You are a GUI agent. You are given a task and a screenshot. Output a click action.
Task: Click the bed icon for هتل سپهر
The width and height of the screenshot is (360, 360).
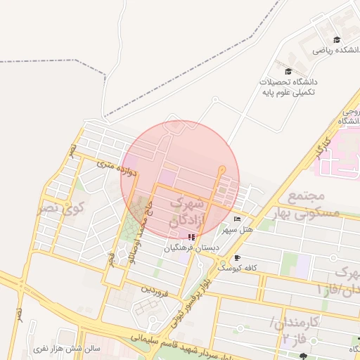[236, 219]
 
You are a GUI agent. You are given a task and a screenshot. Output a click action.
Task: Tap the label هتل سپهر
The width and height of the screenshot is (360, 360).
[237, 230]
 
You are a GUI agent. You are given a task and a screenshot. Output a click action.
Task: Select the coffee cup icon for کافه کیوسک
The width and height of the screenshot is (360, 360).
[237, 257]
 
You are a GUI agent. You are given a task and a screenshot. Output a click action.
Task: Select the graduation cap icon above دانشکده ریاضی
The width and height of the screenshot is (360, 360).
[337, 40]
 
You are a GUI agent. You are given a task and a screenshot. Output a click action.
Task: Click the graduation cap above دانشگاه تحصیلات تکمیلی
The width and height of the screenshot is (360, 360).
[288, 71]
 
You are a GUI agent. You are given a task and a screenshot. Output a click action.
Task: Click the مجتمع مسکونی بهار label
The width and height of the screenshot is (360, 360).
[313, 203]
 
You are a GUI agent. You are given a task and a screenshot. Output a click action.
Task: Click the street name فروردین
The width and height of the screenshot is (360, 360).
[153, 288]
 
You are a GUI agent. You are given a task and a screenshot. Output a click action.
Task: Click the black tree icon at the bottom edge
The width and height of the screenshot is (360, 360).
[303, 356]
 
